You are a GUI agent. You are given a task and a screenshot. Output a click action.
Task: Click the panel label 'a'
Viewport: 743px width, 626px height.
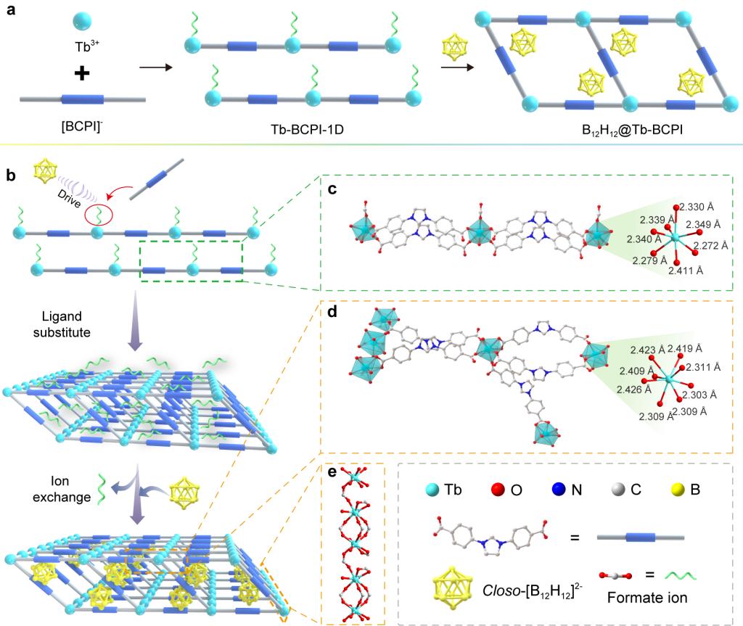(x=9, y=12)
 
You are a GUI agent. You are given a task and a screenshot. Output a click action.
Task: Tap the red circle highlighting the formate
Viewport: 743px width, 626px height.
(x=99, y=215)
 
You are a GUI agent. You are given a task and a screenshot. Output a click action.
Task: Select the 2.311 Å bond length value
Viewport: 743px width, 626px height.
(x=705, y=366)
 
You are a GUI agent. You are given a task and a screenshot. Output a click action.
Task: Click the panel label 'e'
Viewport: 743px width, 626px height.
(x=332, y=473)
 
